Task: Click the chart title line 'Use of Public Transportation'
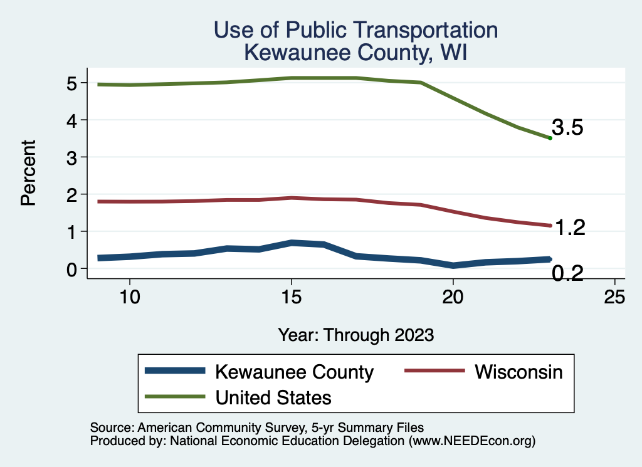(x=355, y=30)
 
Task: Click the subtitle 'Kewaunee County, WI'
(x=355, y=53)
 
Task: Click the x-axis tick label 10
(x=129, y=297)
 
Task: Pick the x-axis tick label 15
(x=291, y=297)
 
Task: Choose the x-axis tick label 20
(x=453, y=297)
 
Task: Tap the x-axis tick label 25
(x=614, y=297)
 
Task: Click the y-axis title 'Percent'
(x=28, y=173)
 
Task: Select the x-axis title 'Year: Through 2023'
(x=355, y=335)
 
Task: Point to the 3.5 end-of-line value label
(x=568, y=129)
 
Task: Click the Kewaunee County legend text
(x=294, y=372)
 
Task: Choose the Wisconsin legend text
(x=518, y=372)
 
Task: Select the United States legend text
(x=273, y=397)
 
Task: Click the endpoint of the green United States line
(x=550, y=138)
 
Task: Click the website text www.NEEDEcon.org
(x=471, y=441)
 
